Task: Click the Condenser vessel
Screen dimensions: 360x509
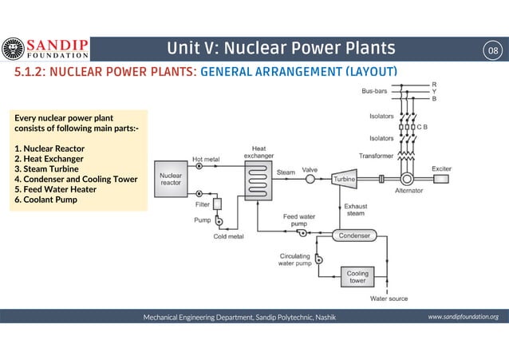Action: (353, 236)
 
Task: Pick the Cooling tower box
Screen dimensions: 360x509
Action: (357, 276)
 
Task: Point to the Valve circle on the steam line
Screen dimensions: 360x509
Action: (310, 180)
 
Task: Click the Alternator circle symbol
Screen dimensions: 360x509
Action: (409, 179)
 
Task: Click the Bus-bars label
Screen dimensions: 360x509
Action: (375, 92)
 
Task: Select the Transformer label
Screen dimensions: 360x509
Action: (377, 155)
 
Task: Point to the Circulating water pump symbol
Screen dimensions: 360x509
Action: (318, 259)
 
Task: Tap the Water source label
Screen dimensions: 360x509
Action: (389, 299)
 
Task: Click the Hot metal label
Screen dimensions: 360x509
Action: (206, 159)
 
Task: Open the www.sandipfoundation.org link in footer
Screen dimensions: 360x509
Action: (463, 317)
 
